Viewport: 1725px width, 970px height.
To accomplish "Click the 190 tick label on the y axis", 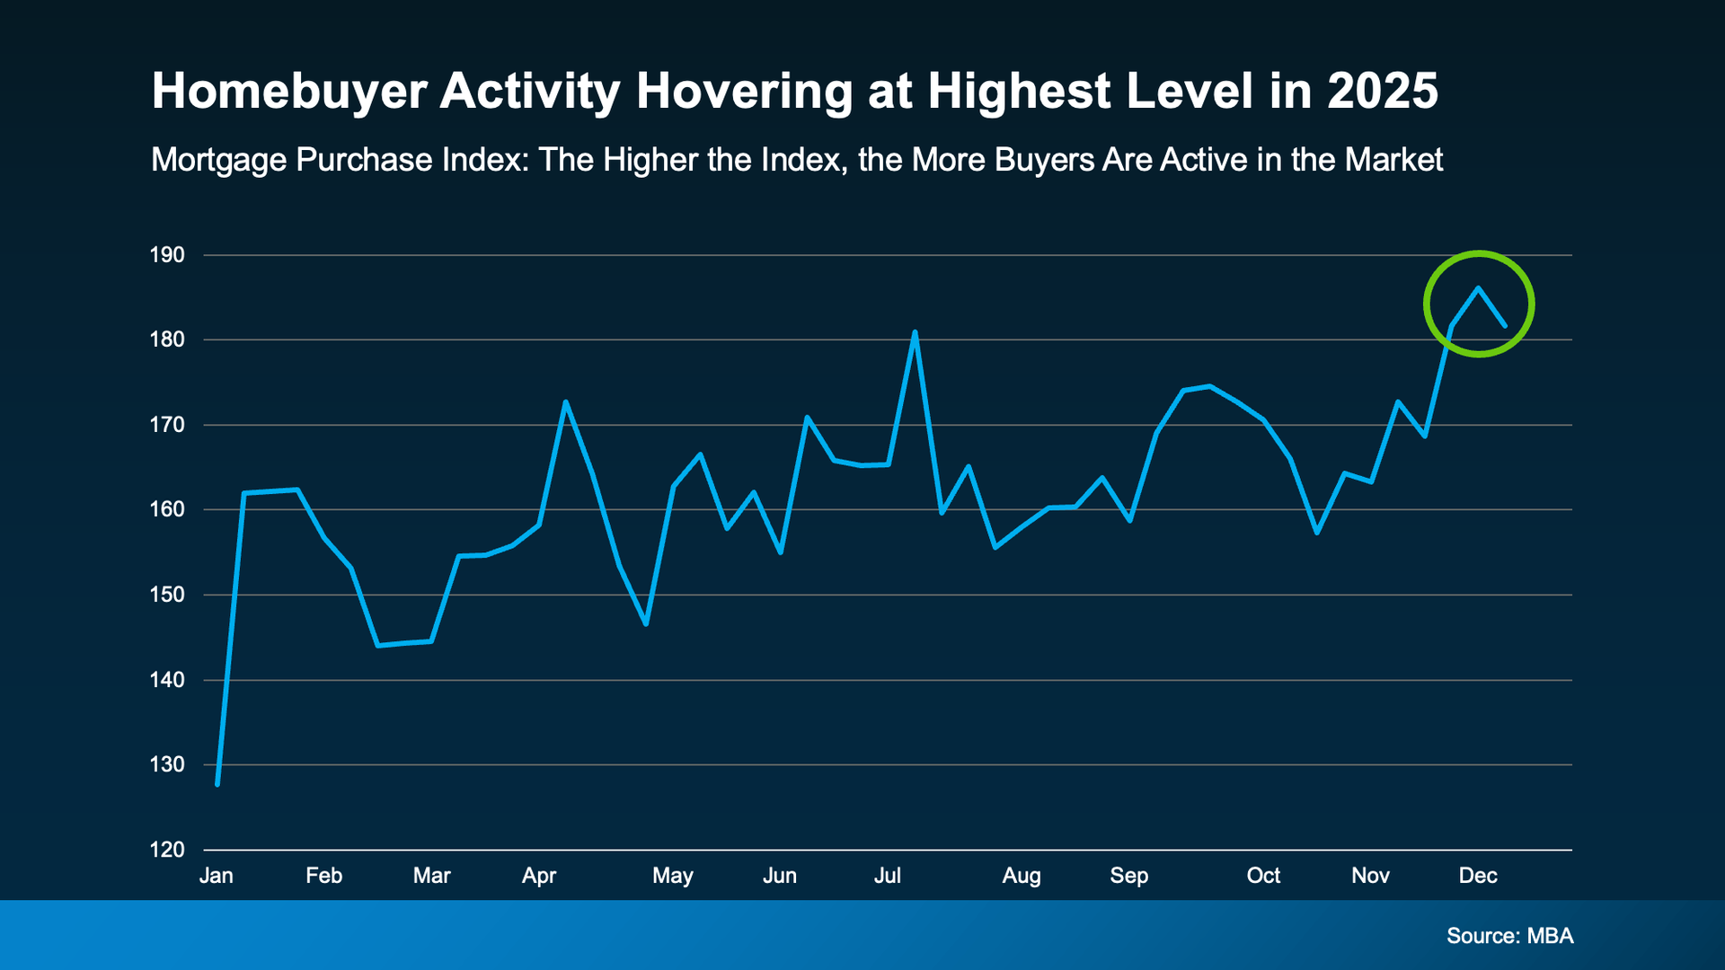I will (167, 255).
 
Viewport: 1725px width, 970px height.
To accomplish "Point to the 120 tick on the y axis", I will (167, 850).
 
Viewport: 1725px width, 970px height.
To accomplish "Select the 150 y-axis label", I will (167, 595).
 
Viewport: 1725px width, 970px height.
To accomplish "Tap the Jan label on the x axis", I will (217, 876).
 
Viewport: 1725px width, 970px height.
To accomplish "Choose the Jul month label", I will (888, 876).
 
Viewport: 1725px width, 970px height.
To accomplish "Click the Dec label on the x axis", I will (1478, 876).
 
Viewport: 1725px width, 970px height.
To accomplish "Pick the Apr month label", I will (539, 876).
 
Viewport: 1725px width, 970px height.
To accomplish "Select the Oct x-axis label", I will (1263, 876).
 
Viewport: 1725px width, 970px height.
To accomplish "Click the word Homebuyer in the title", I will (288, 92).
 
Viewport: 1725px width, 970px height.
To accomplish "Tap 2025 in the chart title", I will (1383, 92).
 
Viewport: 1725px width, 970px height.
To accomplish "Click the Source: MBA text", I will (1510, 936).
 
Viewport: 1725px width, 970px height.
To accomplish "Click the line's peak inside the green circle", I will (1478, 288).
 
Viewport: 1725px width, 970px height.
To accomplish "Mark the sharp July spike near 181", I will (915, 332).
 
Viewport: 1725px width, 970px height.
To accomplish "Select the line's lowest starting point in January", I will (217, 784).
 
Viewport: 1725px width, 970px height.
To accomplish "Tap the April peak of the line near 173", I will (565, 401).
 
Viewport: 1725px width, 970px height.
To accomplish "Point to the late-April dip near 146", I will (646, 623).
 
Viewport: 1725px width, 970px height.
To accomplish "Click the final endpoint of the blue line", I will (1505, 325).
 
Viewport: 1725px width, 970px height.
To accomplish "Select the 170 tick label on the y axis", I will (167, 425).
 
